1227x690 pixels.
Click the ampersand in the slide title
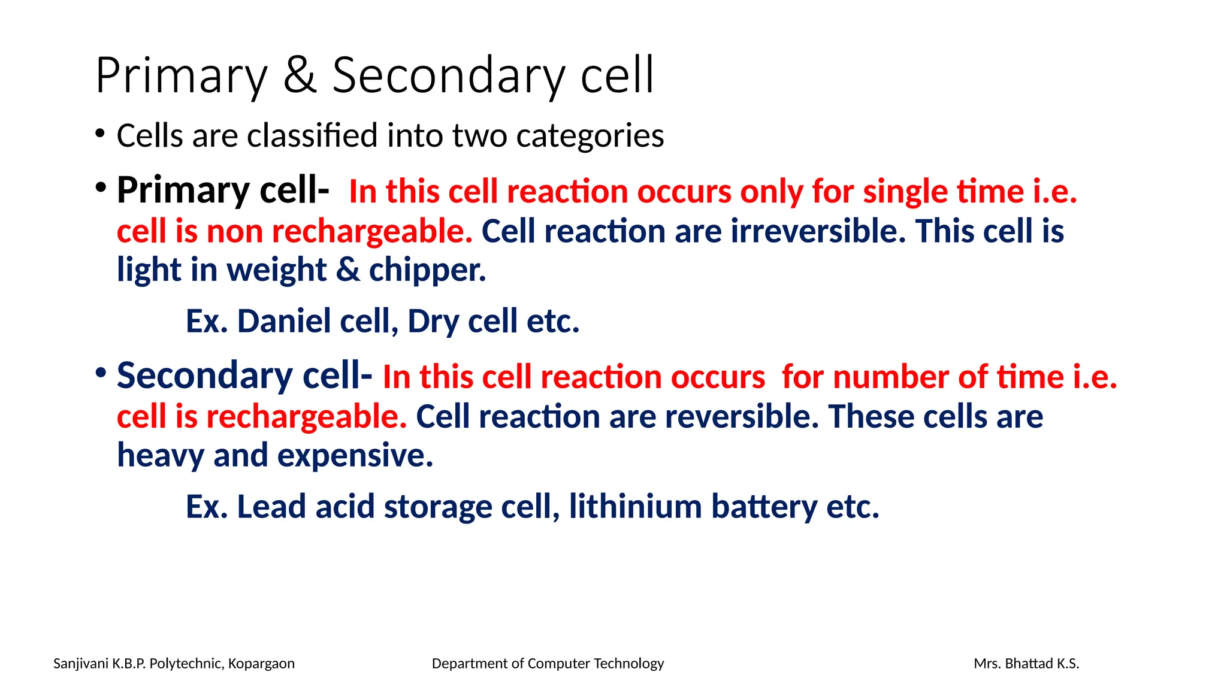[300, 76]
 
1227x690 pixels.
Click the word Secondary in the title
[448, 76]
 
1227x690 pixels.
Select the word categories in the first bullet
[590, 137]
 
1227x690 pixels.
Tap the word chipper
[427, 271]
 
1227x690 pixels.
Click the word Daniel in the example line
[284, 322]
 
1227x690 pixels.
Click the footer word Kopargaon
[261, 664]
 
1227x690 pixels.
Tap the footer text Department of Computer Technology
[548, 664]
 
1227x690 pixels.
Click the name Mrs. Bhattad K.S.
[1026, 664]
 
